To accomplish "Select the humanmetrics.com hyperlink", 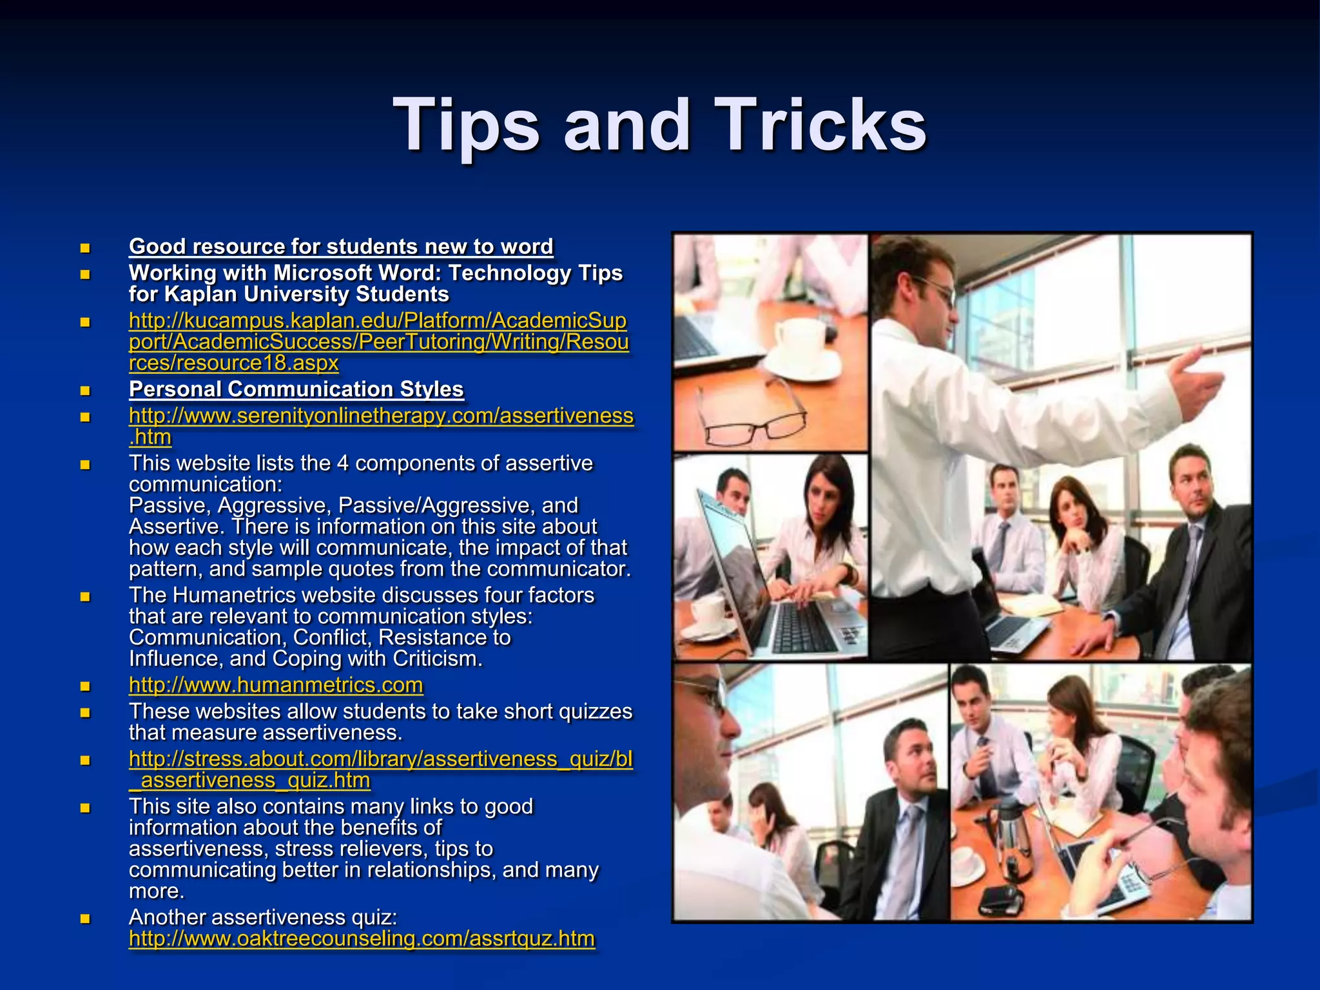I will coord(276,685).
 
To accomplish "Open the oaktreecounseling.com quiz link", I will coord(362,938).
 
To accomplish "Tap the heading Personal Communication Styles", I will coord(296,389).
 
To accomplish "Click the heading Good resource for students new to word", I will coord(341,246).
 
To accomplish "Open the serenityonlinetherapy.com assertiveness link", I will coord(381,416).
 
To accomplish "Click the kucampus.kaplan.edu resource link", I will coord(378,342).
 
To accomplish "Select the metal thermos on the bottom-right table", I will coord(1011,838).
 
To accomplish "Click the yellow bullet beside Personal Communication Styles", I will coord(85,390).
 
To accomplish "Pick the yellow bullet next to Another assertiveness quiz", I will coord(85,918).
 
